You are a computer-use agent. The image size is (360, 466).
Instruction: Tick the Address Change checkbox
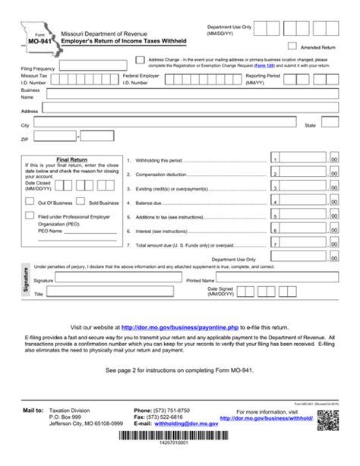(140, 59)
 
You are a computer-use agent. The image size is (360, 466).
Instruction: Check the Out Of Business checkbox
(30, 202)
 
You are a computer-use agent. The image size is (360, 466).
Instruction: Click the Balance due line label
(149, 204)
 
